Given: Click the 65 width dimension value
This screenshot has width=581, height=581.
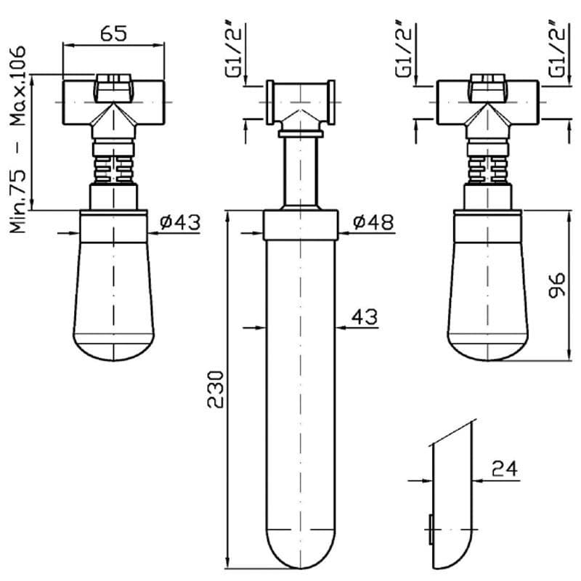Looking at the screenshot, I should click(113, 33).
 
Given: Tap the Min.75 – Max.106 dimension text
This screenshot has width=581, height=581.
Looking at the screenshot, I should click(18, 138).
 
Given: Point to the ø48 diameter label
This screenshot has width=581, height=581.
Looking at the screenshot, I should click(373, 222).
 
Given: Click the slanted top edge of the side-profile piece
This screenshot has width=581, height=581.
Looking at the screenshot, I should click(453, 431).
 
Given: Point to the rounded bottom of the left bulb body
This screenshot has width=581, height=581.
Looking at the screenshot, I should click(113, 349).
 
